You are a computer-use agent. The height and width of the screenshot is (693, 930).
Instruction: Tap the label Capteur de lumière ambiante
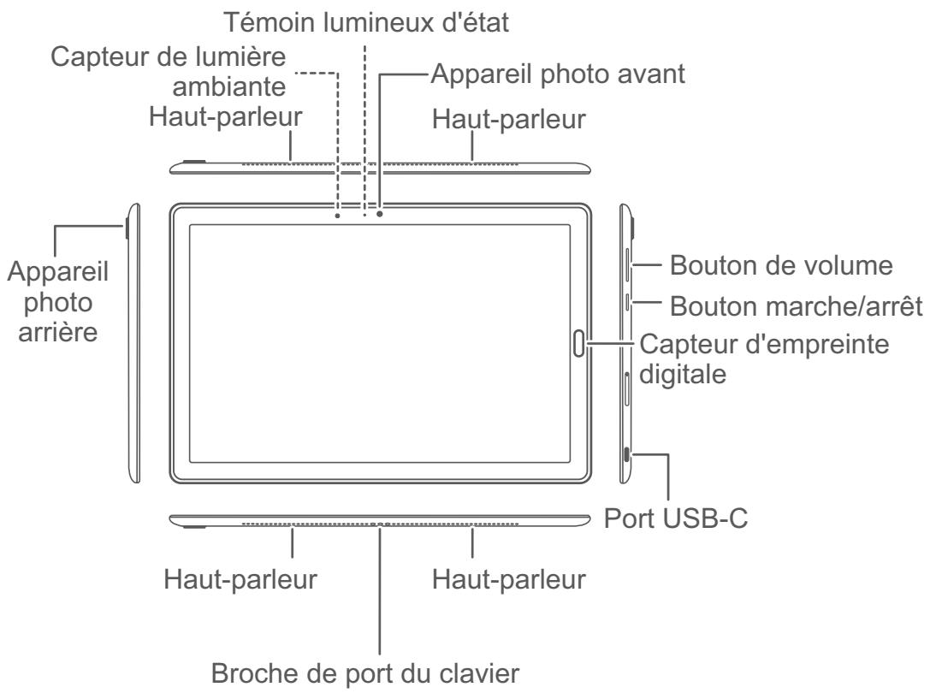[x=171, y=73]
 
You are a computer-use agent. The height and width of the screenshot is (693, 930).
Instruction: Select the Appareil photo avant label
[x=559, y=74]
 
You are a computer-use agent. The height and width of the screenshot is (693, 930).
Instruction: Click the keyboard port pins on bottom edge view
[x=378, y=524]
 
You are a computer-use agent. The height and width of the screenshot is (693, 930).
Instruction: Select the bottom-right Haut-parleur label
[x=509, y=579]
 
